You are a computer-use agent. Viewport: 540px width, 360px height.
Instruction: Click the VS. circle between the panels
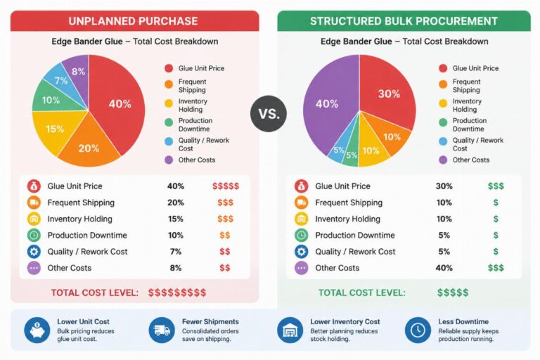(269, 114)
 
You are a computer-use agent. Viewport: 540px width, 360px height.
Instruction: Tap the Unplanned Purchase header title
(133, 21)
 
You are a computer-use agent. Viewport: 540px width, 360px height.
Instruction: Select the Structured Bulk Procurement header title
(404, 21)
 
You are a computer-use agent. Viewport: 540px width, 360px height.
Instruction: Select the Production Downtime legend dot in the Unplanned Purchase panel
(169, 122)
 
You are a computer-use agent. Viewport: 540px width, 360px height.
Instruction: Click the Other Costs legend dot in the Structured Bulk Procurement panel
(443, 160)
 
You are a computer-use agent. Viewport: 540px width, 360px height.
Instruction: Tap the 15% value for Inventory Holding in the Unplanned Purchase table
(176, 219)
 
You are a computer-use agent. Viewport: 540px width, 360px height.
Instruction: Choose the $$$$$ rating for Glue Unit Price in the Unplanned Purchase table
(226, 186)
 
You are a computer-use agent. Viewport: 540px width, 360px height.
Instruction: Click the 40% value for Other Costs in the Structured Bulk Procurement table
(444, 268)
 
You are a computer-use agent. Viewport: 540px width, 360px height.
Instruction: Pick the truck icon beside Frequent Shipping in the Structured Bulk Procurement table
(302, 202)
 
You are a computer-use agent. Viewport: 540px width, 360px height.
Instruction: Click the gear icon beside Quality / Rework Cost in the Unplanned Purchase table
(34, 252)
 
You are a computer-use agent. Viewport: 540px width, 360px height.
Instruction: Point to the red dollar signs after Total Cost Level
(177, 292)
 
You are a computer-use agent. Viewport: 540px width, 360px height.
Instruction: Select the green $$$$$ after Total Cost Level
(453, 292)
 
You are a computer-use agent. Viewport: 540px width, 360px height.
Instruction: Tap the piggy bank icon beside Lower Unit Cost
(37, 330)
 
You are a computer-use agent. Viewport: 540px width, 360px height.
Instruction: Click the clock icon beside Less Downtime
(418, 330)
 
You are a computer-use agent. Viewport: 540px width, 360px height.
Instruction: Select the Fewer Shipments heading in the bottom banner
(210, 321)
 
